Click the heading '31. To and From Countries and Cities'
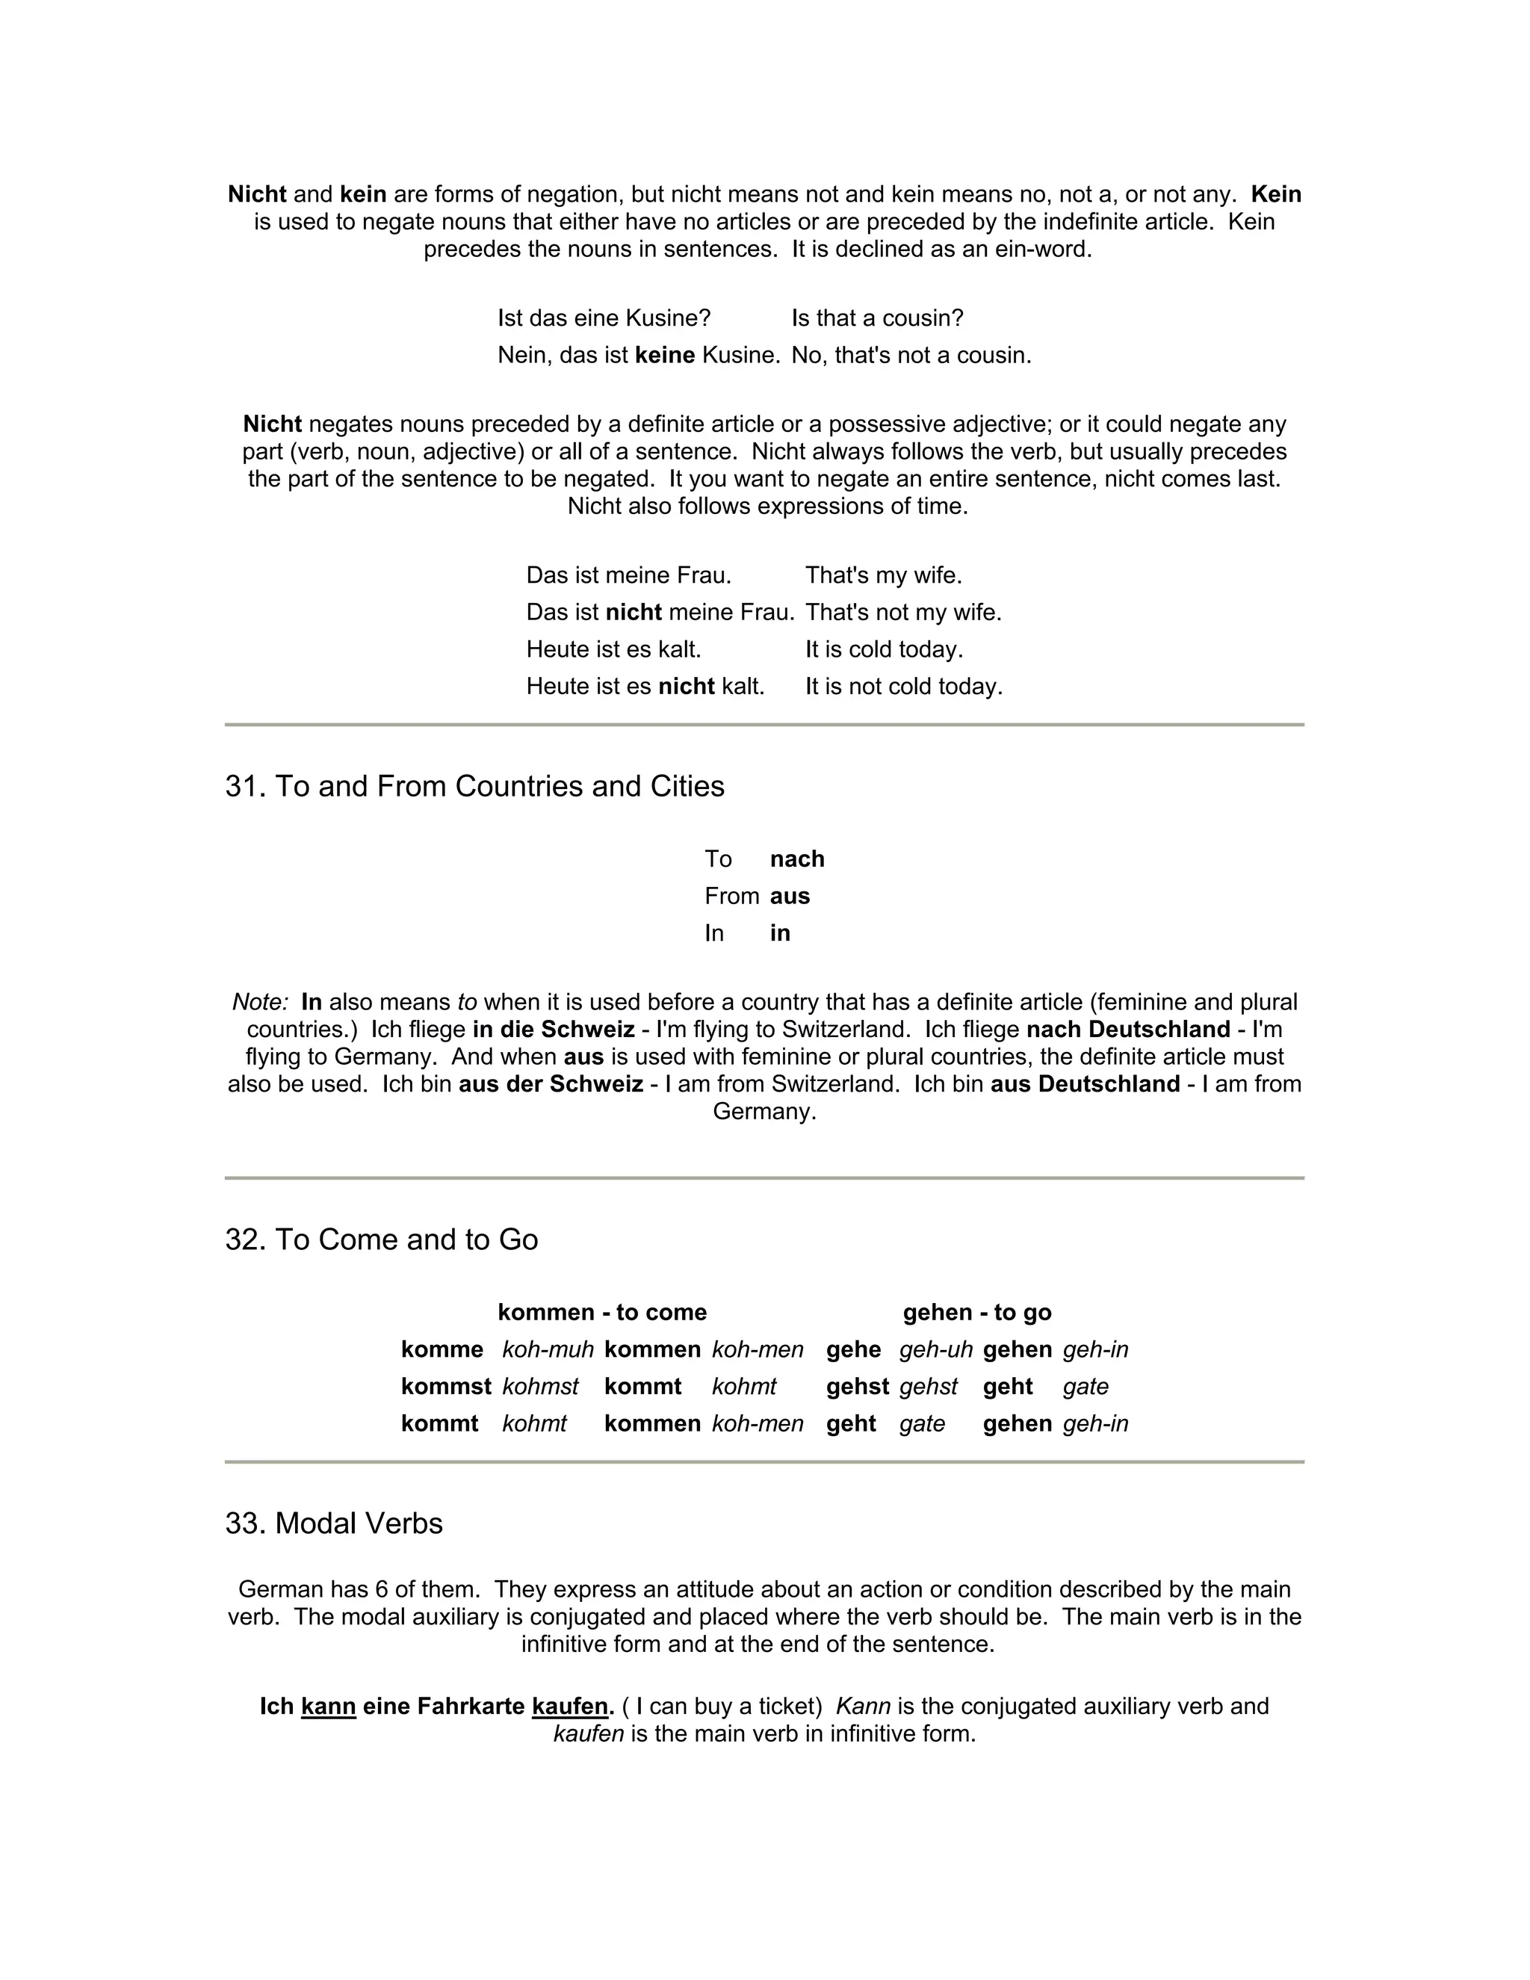click(474, 786)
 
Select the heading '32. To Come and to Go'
click(381, 1240)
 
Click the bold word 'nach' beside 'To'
click(796, 858)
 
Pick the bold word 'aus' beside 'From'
click(790, 896)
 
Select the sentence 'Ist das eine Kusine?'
click(604, 318)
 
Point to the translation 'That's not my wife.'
click(902, 613)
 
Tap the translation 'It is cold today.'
click(884, 650)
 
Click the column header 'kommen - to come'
click(602, 1313)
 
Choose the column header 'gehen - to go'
click(977, 1313)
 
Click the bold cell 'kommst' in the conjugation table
click(446, 1387)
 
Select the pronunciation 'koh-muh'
click(548, 1350)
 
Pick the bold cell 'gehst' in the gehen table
click(858, 1387)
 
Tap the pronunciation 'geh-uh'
click(935, 1350)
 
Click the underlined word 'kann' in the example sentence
click(328, 1707)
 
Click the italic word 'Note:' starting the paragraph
click(260, 1003)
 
